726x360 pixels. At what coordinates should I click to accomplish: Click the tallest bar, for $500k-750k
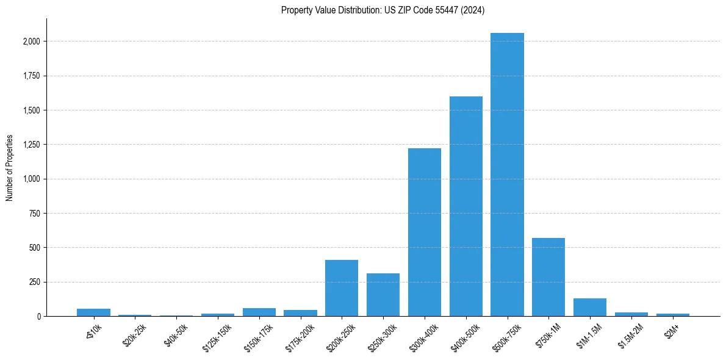click(x=507, y=175)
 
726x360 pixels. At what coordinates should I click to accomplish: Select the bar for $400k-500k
click(x=465, y=206)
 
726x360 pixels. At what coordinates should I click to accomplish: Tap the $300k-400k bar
click(x=425, y=232)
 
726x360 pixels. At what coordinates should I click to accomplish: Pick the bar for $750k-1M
click(x=548, y=277)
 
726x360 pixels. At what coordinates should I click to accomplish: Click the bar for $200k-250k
click(x=342, y=288)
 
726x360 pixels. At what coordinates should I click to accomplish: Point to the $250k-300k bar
click(x=383, y=295)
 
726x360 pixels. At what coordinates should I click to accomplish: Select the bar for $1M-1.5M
click(x=590, y=308)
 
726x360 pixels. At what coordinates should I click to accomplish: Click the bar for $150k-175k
click(x=259, y=312)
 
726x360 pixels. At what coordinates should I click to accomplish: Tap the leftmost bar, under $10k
click(x=93, y=312)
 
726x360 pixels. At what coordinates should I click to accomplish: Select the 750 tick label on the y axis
click(x=35, y=214)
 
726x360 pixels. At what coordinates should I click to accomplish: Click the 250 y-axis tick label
click(x=35, y=282)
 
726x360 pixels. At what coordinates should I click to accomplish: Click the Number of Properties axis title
click(x=10, y=167)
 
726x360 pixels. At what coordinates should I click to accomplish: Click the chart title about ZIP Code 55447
click(x=383, y=10)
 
